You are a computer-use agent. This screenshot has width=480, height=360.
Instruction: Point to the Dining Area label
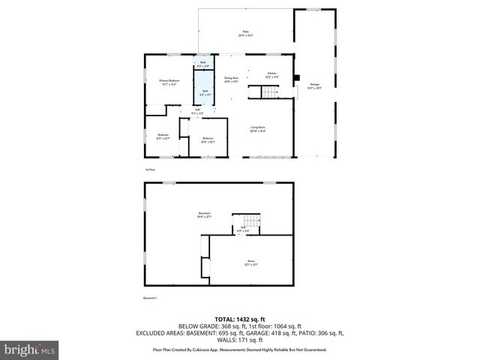[x=231, y=79]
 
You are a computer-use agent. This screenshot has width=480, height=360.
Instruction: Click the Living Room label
[x=258, y=129]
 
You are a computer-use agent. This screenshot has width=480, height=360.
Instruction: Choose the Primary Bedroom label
[x=168, y=82]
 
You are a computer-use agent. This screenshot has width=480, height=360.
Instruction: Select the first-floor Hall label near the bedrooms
[x=197, y=112]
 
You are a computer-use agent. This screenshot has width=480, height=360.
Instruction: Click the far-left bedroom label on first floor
[x=163, y=136]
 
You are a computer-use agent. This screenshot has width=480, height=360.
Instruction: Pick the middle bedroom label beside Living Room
[x=208, y=139]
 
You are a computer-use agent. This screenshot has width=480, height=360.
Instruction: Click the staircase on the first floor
[x=269, y=92]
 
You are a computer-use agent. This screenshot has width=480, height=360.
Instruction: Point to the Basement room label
[x=204, y=215]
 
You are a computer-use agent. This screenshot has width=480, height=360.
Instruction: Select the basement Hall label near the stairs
[x=242, y=229]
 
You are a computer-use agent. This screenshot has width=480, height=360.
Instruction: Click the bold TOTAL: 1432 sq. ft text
[x=239, y=319]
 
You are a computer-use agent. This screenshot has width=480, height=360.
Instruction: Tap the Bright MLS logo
[x=30, y=349]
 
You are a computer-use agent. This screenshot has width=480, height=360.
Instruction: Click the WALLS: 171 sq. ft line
[x=239, y=340]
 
